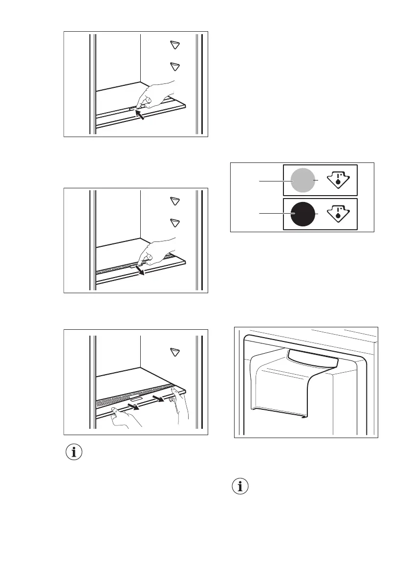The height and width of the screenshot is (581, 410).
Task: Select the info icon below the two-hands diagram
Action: (x=74, y=452)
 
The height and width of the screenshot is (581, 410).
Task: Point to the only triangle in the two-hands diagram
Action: (x=175, y=352)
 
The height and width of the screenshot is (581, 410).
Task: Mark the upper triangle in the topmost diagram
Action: (x=175, y=45)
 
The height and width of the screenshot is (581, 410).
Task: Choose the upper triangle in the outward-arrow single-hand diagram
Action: (x=175, y=201)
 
